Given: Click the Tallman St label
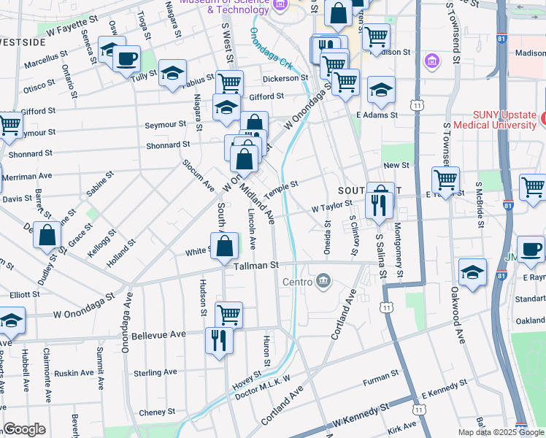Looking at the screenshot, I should pos(256,266).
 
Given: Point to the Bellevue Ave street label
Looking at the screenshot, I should pos(159,336).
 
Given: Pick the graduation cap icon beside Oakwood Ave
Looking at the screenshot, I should pos(472,272).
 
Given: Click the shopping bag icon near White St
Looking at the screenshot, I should pos(226,246).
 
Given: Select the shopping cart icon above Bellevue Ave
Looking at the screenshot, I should pos(229,315).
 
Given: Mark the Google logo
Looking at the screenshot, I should pos(24,429).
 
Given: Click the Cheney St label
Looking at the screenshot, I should pos(153,412).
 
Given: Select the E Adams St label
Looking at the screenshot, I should pos(377,115).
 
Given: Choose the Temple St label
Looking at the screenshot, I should pos(282,188).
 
